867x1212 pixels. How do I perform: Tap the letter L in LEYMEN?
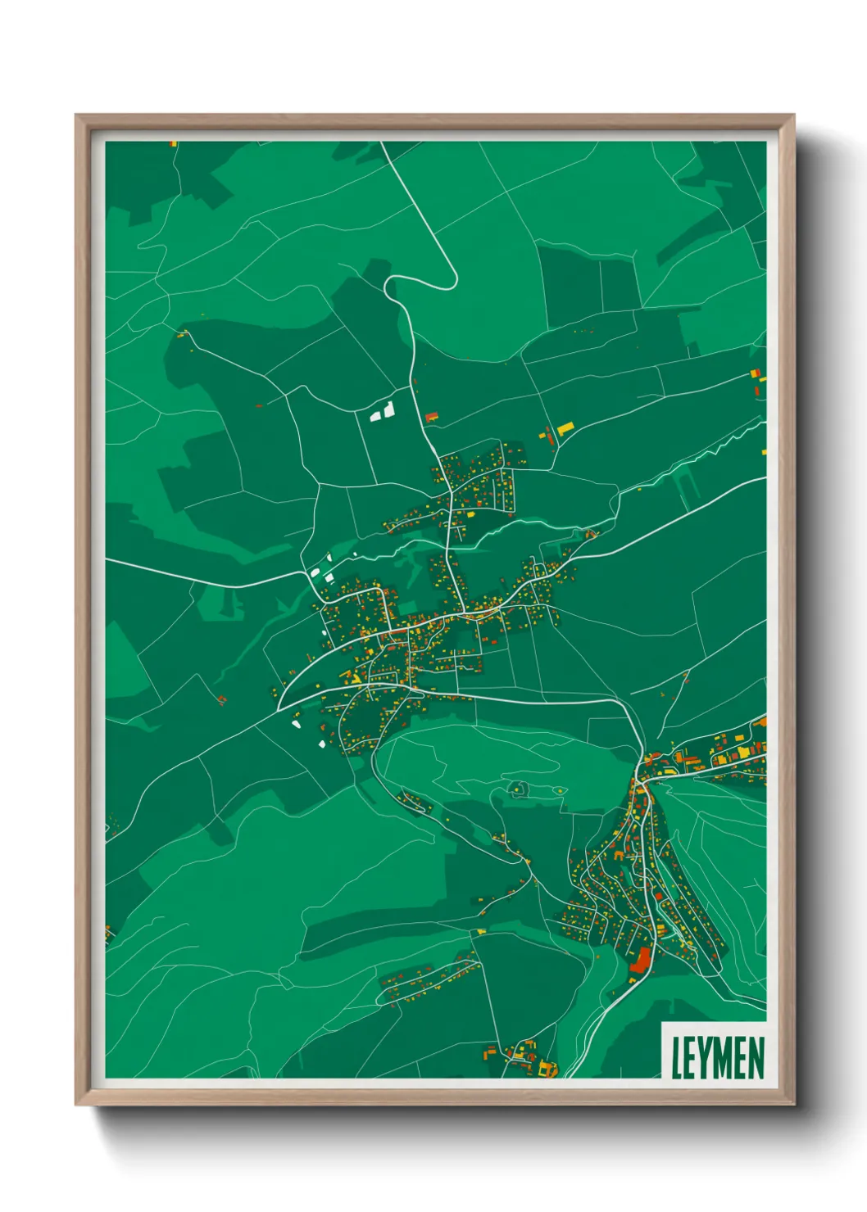pyautogui.click(x=677, y=1057)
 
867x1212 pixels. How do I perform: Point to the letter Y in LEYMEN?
pyautogui.click(x=707, y=1057)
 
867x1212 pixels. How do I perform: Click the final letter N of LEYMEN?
pyautogui.click(x=756, y=1057)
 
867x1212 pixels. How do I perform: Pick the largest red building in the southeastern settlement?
pyautogui.click(x=641, y=960)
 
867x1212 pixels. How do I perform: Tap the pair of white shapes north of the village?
pyautogui.click(x=383, y=411)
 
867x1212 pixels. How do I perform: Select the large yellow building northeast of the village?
pyautogui.click(x=565, y=427)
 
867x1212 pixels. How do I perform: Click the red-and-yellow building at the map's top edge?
pyautogui.click(x=174, y=143)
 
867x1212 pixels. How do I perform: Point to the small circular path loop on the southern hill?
pyautogui.click(x=517, y=789)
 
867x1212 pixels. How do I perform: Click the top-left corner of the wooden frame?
pyautogui.click(x=77, y=116)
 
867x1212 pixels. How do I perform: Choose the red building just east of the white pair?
pyautogui.click(x=431, y=418)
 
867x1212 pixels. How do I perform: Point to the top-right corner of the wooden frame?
pyautogui.click(x=792, y=116)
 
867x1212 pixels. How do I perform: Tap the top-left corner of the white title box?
pyautogui.click(x=662, y=1022)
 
